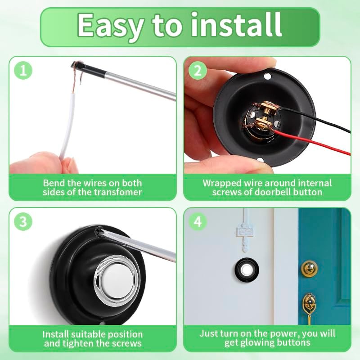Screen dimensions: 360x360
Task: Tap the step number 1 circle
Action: click(23, 70)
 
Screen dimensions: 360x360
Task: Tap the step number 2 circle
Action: click(198, 70)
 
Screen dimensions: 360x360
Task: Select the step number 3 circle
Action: click(23, 222)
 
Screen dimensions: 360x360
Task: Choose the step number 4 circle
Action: click(198, 222)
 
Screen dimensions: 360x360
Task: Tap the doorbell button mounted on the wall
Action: click(246, 270)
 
